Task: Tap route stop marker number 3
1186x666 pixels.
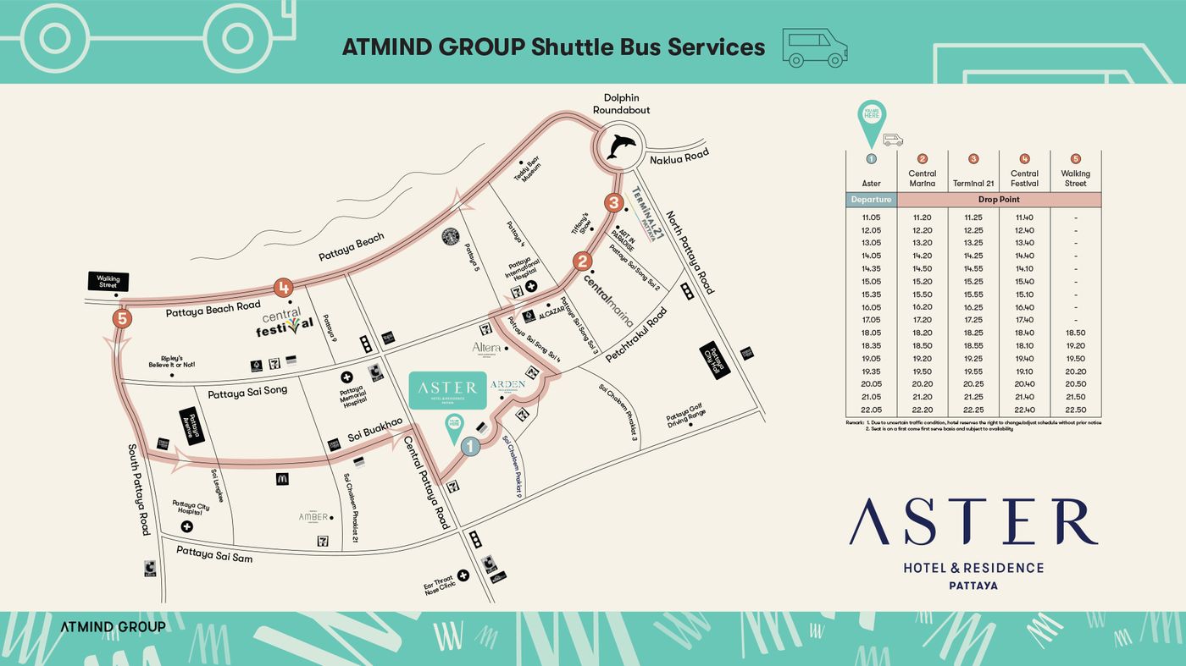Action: (x=614, y=203)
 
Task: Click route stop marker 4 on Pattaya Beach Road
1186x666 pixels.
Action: (x=283, y=289)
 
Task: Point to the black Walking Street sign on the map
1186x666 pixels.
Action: (x=108, y=281)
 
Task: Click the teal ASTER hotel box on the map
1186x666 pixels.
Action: (x=447, y=390)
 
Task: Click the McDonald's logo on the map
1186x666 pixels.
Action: (x=282, y=479)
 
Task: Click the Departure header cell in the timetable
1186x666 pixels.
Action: (x=871, y=200)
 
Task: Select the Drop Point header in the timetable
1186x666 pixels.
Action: (x=999, y=200)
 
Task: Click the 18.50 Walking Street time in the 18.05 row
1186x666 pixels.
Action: (x=1075, y=333)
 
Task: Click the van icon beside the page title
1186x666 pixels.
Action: (x=814, y=47)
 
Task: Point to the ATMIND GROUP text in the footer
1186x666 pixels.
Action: (x=113, y=627)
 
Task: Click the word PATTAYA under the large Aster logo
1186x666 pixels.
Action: (x=973, y=586)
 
